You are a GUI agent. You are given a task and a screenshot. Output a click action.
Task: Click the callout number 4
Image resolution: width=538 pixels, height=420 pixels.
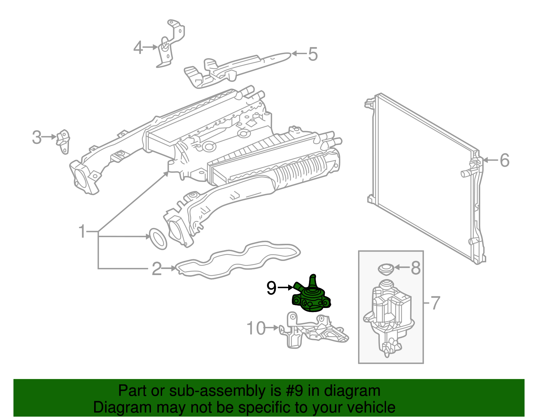coord(138,48)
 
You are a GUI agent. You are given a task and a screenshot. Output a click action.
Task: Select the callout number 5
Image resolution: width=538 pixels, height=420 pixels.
coord(313,54)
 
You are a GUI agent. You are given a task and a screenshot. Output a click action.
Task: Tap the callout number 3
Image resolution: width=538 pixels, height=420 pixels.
coord(37,137)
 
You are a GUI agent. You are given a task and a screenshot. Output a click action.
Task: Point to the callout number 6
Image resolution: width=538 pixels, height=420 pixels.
coord(504,160)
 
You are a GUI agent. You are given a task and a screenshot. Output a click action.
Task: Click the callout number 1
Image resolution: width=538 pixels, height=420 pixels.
coord(82,232)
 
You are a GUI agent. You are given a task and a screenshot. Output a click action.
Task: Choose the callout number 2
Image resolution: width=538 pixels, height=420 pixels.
coord(157,269)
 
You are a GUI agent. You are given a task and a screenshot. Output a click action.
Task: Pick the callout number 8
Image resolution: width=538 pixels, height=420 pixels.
coord(416,268)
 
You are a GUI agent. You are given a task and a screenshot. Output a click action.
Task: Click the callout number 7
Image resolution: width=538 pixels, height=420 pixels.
coord(435,303)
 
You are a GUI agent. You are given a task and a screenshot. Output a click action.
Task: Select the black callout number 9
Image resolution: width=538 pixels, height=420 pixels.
coord(271,288)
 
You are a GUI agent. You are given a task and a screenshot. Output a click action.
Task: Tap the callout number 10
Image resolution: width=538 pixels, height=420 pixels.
coord(257,328)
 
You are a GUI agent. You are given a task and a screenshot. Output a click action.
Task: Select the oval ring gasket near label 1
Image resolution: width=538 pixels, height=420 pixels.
coord(157,239)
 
